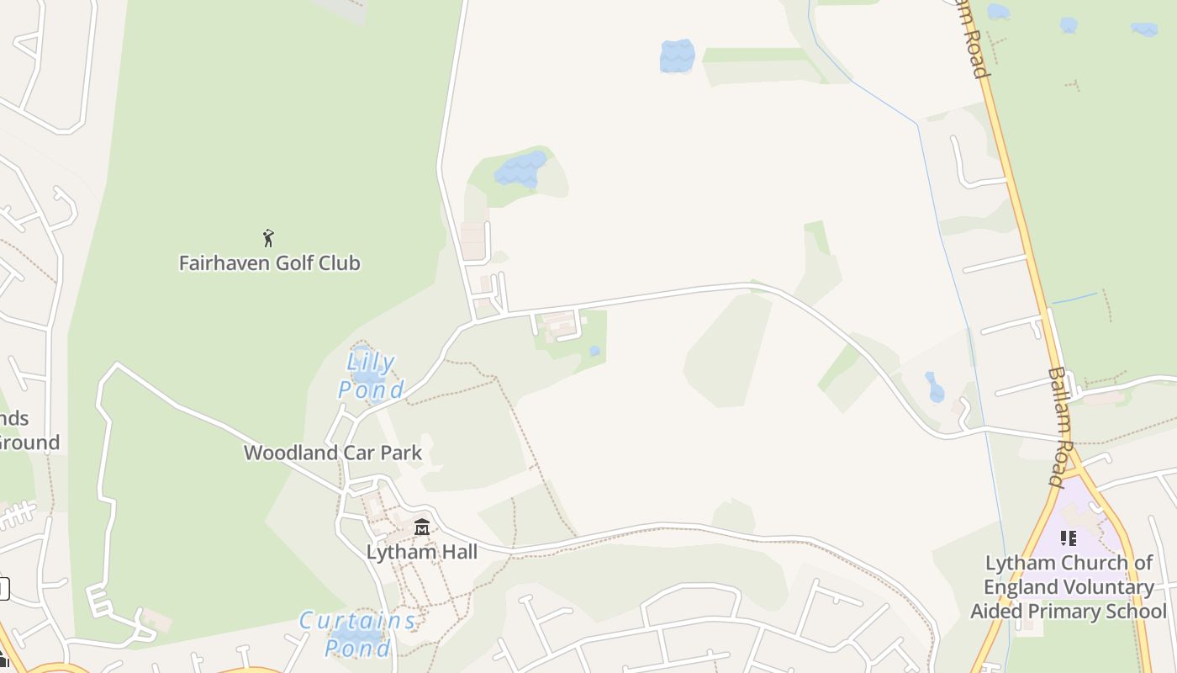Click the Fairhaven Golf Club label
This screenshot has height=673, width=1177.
tap(269, 263)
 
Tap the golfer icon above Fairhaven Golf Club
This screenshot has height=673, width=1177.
tap(268, 238)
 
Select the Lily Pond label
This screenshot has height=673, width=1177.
tap(371, 376)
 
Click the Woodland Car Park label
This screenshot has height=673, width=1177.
tap(333, 453)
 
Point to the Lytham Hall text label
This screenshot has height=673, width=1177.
tap(421, 552)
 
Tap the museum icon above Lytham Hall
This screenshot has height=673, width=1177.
tap(422, 527)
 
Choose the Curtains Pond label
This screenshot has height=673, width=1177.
tap(358, 634)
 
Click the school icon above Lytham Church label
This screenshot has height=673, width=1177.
tap(1068, 538)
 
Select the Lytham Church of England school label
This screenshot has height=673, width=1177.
tap(1069, 587)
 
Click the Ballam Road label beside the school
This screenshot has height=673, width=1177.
tap(1062, 427)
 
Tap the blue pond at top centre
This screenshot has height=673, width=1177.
tap(677, 56)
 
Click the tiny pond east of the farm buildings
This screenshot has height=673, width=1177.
tap(594, 351)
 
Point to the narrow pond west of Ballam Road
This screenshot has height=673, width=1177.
tap(935, 387)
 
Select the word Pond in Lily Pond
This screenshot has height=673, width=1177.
tap(371, 390)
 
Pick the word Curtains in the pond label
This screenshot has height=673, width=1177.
tap(358, 622)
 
